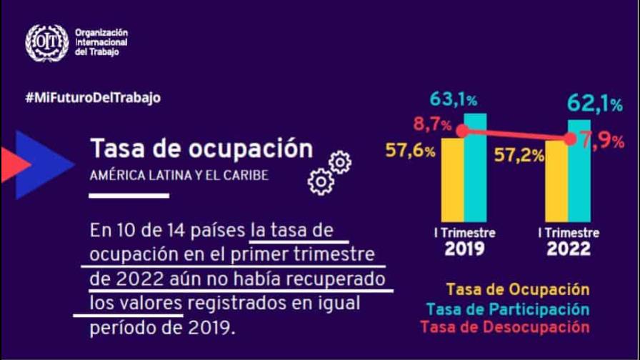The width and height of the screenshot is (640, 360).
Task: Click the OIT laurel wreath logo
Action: click(x=47, y=43)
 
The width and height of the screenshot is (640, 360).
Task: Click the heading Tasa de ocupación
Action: click(x=201, y=149)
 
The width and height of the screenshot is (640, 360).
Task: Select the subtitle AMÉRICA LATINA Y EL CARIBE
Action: click(x=179, y=175)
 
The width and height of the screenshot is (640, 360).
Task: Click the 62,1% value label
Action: click(x=594, y=104)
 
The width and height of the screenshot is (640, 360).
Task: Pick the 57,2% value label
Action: click(x=521, y=156)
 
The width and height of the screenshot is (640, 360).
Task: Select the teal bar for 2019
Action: click(x=475, y=168)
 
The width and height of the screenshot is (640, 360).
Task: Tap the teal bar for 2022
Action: click(x=579, y=171)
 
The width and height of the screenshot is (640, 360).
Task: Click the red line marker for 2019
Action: click(x=463, y=131)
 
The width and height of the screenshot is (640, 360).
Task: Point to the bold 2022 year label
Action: click(x=569, y=249)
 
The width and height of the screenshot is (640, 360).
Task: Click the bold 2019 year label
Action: click(x=464, y=249)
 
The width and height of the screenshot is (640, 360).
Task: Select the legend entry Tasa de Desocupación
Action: click(x=506, y=327)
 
